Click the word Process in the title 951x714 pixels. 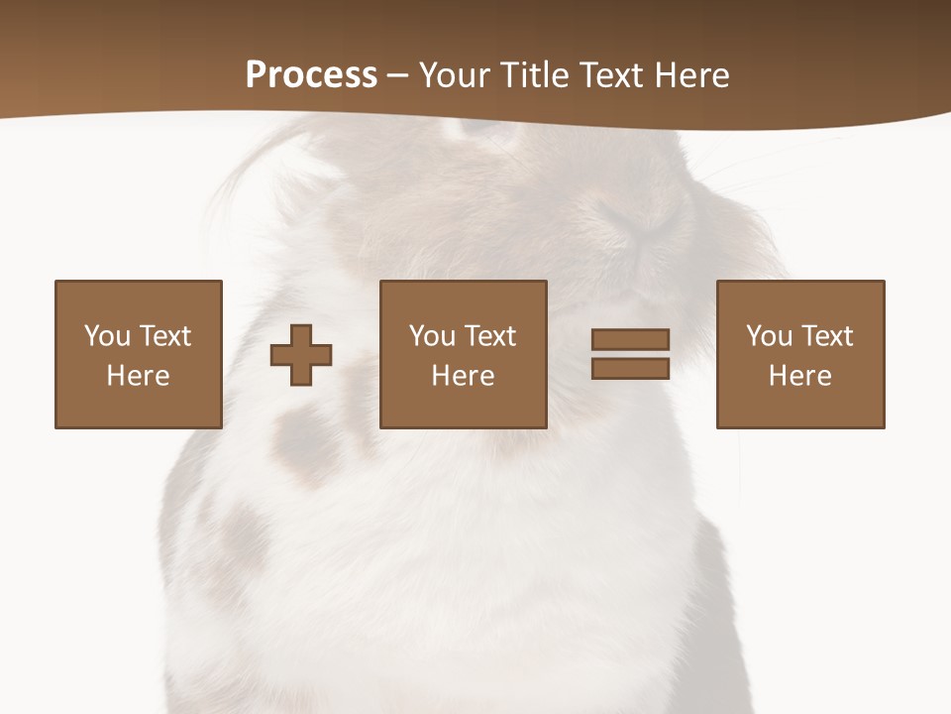point(311,75)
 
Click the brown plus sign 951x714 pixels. point(301,355)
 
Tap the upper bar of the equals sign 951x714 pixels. point(630,340)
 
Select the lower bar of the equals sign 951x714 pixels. point(630,369)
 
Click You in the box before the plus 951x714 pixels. point(107,336)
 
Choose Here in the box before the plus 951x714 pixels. point(138,376)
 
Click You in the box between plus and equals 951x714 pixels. point(432,336)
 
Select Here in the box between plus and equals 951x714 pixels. point(463,376)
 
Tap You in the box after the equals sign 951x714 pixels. point(769,336)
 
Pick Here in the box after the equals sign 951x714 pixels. point(799,376)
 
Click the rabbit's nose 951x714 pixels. point(642,222)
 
